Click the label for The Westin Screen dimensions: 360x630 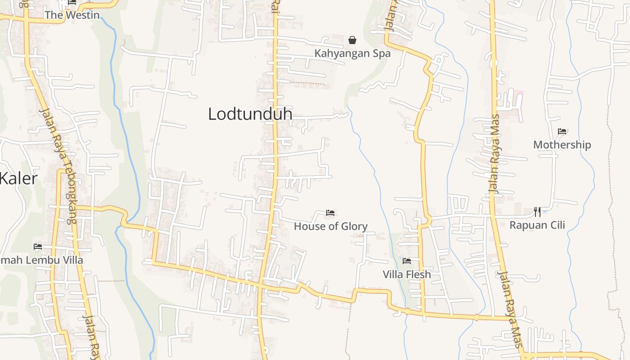click(x=72, y=15)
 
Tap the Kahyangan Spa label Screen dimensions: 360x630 click(x=352, y=54)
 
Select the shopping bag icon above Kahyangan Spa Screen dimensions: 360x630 click(x=352, y=40)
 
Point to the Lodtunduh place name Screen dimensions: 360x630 click(x=250, y=114)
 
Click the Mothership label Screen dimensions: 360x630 click(x=562, y=145)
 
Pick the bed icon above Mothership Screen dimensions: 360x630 click(x=562, y=131)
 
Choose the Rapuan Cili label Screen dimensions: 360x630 click(x=537, y=225)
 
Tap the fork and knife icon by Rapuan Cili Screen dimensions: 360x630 click(x=537, y=211)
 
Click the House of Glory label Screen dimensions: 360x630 click(x=331, y=226)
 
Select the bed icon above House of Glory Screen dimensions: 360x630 click(x=330, y=213)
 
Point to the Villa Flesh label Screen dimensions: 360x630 click(x=407, y=274)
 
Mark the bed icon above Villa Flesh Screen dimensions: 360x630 click(x=407, y=261)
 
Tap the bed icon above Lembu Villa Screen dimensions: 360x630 click(x=38, y=247)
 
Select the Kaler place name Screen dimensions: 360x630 click(x=18, y=179)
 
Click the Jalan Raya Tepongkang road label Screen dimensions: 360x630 click(x=58, y=166)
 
